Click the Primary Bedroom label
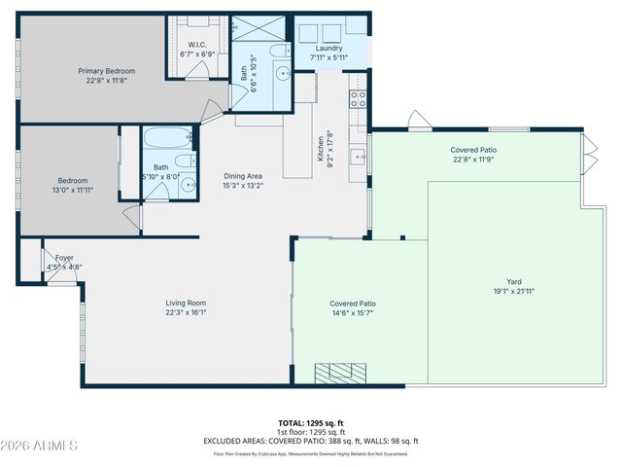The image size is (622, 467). pos(106,71)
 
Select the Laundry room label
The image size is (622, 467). pos(329,48)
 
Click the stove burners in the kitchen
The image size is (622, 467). pos(359,99)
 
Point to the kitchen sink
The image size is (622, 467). pos(357,154)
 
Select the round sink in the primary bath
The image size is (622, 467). pos(282,73)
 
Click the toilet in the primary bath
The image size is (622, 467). pos(279,52)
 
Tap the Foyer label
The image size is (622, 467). pos(64,258)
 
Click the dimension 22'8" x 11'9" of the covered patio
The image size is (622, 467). pos(473,160)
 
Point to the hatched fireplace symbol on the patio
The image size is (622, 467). pos(340,372)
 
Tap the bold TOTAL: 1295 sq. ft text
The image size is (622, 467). pos(311,423)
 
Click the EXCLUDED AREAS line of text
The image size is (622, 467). pos(311,441)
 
